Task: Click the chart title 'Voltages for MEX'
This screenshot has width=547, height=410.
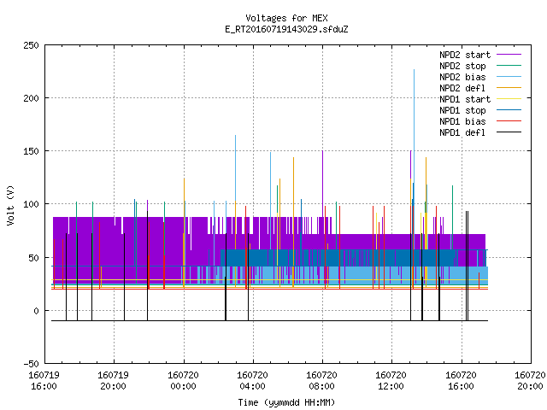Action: coord(286,18)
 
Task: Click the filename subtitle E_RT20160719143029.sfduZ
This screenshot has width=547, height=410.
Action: coord(286,29)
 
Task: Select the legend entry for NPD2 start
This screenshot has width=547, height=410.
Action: coord(480,55)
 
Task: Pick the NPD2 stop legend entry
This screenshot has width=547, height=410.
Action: coord(480,66)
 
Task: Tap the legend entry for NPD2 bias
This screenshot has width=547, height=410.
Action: coord(480,77)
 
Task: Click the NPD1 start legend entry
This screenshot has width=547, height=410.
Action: coord(480,99)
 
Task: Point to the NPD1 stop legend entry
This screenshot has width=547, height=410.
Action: coord(480,110)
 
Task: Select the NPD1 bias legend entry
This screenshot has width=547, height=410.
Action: coord(480,121)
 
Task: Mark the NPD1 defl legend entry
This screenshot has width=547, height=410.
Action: coord(480,133)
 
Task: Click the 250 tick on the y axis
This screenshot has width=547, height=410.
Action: coord(31,45)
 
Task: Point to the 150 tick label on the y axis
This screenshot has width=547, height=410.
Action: coord(31,151)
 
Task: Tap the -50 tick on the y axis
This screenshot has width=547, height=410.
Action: coord(31,364)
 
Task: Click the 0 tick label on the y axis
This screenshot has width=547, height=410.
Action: coord(36,311)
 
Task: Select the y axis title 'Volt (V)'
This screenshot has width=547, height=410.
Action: coord(10,205)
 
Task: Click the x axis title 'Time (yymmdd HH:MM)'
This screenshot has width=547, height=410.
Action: coord(286,402)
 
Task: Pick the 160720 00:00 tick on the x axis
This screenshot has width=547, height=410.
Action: coord(183,381)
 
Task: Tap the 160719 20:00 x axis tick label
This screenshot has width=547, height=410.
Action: coord(113,381)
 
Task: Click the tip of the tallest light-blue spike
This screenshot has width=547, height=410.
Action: coord(414,69)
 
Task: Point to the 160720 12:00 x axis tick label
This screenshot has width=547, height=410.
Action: coord(391,381)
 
